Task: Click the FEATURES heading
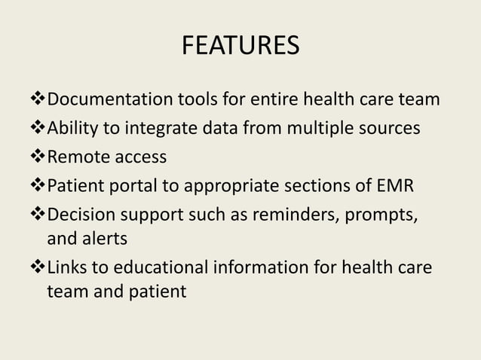click(x=240, y=47)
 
